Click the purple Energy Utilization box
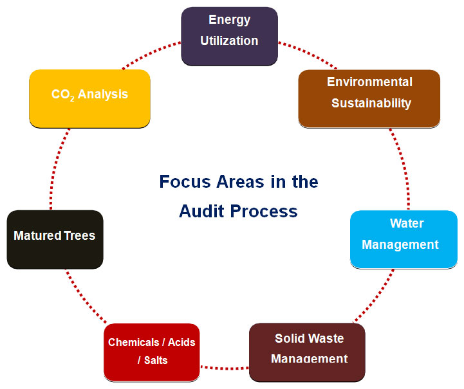click(x=229, y=35)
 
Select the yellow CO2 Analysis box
click(x=89, y=98)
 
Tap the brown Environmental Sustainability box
click(x=369, y=98)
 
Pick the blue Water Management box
click(x=404, y=239)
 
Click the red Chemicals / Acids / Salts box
click(x=151, y=351)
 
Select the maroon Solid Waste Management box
click(x=307, y=352)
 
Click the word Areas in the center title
click(x=244, y=182)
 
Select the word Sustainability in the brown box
click(x=371, y=103)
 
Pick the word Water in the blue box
click(x=407, y=223)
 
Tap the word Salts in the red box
click(x=156, y=360)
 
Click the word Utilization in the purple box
click(x=229, y=41)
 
